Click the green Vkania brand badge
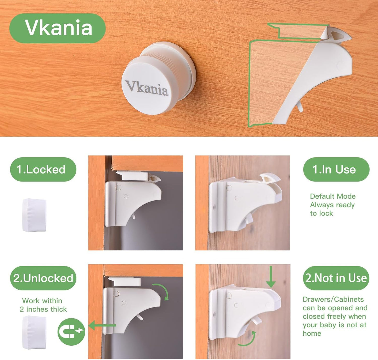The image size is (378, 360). click(x=57, y=28)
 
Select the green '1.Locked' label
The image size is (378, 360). click(x=43, y=170)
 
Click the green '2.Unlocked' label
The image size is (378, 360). click(x=43, y=278)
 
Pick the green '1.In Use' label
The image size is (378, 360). click(x=336, y=170)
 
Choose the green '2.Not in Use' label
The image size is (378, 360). click(x=336, y=278)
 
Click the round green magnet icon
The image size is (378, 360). click(x=71, y=332)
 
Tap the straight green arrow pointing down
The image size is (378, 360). click(x=271, y=277)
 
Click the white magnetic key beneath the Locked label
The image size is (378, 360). click(x=34, y=215)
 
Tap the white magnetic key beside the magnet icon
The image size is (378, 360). click(x=34, y=332)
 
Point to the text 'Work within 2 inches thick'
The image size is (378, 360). click(x=43, y=305)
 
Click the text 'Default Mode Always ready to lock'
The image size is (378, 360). click(x=332, y=205)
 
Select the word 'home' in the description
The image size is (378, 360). click(x=312, y=334)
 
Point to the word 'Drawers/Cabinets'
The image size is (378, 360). click(x=333, y=299)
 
